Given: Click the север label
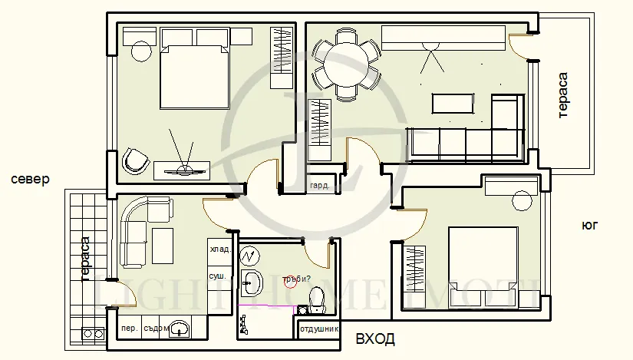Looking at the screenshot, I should (31, 179).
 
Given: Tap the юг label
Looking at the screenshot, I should (589, 226).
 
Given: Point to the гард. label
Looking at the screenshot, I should (320, 186).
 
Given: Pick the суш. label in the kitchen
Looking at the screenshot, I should (217, 275).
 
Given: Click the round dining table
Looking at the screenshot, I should (346, 63).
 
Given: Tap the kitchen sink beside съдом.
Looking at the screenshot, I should (180, 329).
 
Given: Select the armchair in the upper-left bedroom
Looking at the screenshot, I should (136, 160).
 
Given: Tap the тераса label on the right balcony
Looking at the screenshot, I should (562, 95).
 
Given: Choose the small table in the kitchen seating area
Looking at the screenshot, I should (163, 244).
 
